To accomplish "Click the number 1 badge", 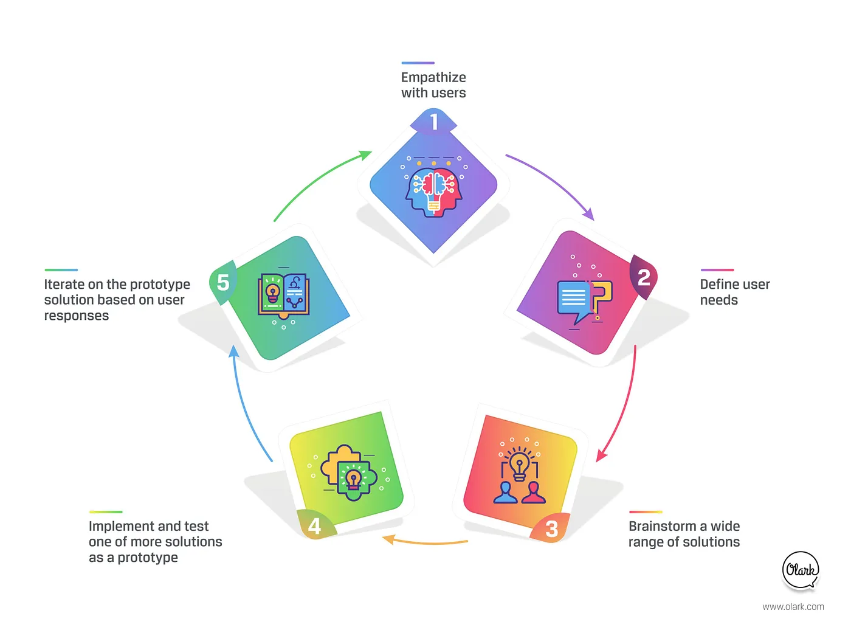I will (x=433, y=122).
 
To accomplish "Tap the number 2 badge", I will (x=643, y=277).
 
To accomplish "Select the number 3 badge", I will (x=551, y=528).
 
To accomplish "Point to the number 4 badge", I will (x=315, y=525).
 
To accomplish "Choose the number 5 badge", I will (x=223, y=282).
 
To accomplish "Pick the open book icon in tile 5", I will (x=283, y=296).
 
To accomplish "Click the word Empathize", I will (x=433, y=77).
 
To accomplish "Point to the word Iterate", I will (x=64, y=284).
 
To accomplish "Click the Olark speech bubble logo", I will (x=801, y=570).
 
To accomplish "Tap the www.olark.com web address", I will (x=793, y=606).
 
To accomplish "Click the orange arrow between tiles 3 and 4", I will (x=425, y=541).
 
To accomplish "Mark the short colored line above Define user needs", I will (x=717, y=269).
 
